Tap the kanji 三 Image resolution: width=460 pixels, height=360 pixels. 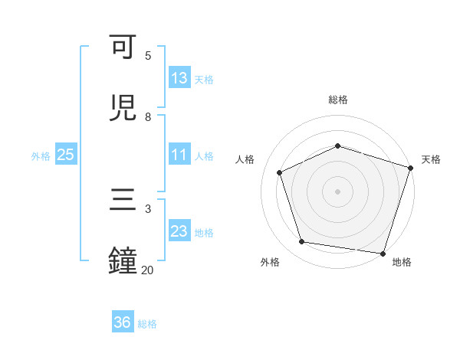124,201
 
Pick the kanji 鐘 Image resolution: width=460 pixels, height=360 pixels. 124,261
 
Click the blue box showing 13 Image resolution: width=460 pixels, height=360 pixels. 179,78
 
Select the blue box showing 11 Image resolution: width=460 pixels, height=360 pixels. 179,155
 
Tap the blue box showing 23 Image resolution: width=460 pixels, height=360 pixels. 179,231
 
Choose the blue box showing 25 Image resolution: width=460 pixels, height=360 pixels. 66,155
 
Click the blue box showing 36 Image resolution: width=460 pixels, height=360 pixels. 123,322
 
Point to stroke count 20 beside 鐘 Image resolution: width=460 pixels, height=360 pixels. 147,270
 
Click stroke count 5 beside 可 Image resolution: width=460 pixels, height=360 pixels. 148,55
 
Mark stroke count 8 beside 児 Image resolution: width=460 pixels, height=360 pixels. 148,116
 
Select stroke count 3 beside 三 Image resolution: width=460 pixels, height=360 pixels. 148,208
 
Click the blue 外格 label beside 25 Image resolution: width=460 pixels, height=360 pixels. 41,155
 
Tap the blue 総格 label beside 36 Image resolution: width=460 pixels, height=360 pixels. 147,323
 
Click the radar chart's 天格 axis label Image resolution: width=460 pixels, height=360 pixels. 431,159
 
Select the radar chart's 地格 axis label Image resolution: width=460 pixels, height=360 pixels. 401,262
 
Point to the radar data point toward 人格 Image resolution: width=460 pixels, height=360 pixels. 280,172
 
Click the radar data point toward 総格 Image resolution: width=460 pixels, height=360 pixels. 337,146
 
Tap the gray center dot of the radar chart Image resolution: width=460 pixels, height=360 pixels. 337,191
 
